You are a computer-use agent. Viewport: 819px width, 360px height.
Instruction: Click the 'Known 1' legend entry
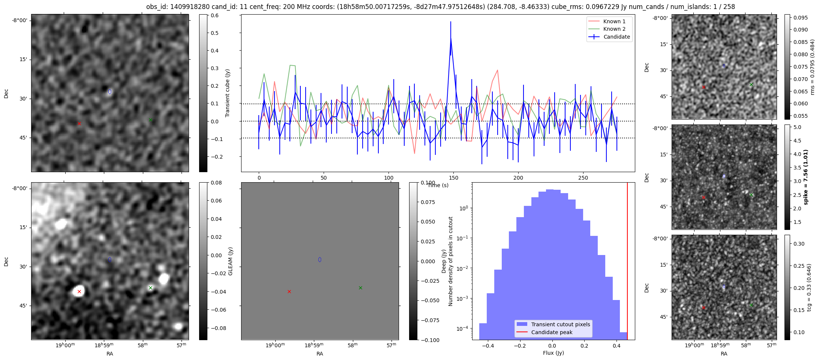coord(614,21)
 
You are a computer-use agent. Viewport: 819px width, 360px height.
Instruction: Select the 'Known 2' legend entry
coord(614,29)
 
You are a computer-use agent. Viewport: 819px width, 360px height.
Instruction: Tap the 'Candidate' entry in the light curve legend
coord(616,37)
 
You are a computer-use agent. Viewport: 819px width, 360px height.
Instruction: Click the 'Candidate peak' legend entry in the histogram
coord(552,332)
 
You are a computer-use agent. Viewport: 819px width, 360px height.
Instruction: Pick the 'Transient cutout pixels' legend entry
coord(560,324)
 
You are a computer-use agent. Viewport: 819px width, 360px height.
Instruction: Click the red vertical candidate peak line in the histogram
coord(627,262)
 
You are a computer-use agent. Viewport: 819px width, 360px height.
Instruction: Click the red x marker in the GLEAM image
coord(79,291)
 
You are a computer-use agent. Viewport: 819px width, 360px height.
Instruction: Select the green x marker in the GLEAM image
coord(150,288)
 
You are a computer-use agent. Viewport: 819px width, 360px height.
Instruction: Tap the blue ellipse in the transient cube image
coord(110,91)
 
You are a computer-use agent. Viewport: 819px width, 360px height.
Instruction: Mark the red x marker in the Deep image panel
coord(289,291)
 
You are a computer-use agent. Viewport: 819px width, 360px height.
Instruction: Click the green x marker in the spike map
coord(751,195)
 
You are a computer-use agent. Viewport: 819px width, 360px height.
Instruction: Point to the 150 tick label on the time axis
coord(453,177)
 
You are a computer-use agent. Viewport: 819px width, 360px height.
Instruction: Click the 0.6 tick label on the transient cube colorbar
coord(214,15)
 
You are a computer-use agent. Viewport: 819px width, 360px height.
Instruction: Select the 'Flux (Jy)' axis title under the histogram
coord(553,353)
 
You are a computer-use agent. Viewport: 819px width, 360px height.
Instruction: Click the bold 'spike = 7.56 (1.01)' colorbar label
coord(806,177)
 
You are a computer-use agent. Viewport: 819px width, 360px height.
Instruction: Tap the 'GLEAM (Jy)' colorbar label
coord(230,261)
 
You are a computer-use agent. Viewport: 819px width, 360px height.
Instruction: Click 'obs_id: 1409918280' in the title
coord(173,7)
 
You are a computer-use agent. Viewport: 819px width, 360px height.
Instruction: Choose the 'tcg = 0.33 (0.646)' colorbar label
coord(810,287)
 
